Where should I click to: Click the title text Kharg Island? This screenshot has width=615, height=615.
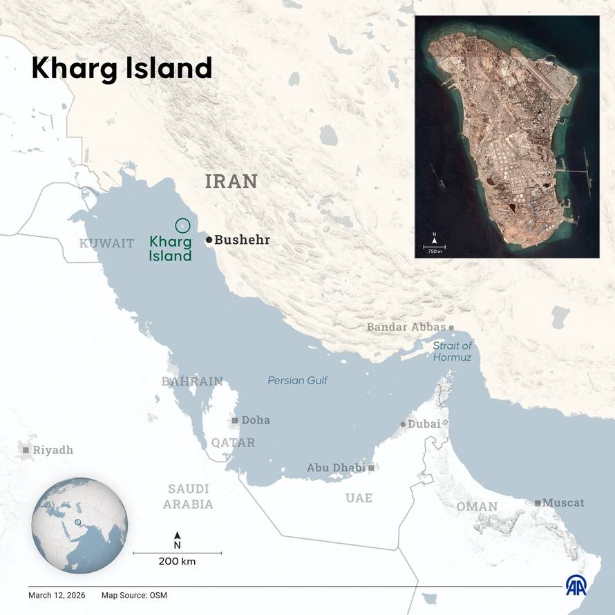pyautogui.click(x=121, y=69)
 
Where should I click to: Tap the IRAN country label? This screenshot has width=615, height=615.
pyautogui.click(x=231, y=182)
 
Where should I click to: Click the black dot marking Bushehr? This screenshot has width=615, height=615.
pyautogui.click(x=209, y=240)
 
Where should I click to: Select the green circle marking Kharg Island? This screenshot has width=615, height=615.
pyautogui.click(x=182, y=225)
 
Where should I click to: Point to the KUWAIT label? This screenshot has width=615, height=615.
pyautogui.click(x=106, y=243)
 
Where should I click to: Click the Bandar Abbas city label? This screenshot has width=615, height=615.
pyautogui.click(x=406, y=327)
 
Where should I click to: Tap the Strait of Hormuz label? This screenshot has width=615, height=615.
pyautogui.click(x=452, y=351)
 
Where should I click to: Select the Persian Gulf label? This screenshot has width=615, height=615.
pyautogui.click(x=297, y=381)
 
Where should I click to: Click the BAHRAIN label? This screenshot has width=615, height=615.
pyautogui.click(x=192, y=381)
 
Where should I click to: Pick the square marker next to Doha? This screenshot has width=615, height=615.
pyautogui.click(x=235, y=420)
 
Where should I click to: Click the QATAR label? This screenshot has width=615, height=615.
pyautogui.click(x=233, y=442)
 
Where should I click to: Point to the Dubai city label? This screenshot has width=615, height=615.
pyautogui.click(x=424, y=424)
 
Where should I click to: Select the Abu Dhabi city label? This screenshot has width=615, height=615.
pyautogui.click(x=335, y=468)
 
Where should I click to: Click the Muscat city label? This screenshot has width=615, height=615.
pyautogui.click(x=562, y=502)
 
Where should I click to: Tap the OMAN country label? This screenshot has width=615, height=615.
pyautogui.click(x=476, y=507)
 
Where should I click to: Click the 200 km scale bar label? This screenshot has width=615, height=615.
pyautogui.click(x=177, y=561)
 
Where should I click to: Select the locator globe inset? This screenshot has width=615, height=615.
pyautogui.click(x=79, y=523)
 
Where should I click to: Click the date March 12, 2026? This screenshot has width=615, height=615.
pyautogui.click(x=58, y=595)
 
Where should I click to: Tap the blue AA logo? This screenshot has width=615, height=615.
pyautogui.click(x=576, y=585)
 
